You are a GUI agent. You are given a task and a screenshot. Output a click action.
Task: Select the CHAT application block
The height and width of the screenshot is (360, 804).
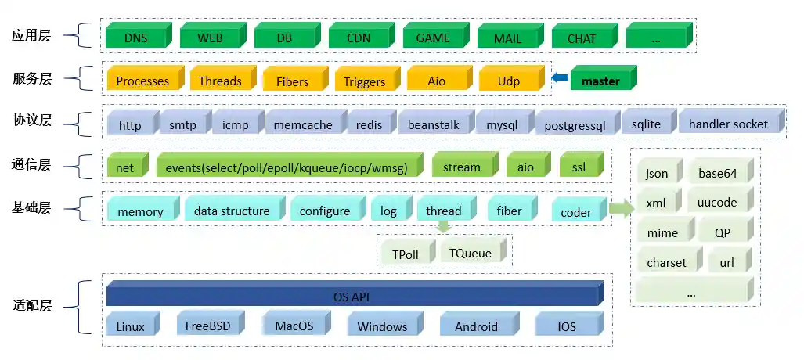[582, 38]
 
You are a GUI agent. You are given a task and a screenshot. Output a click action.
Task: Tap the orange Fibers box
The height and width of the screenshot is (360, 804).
[292, 81]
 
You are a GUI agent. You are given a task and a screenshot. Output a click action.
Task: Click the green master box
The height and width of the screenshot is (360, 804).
[600, 81]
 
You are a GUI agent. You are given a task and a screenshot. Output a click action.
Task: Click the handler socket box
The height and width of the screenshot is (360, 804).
[728, 124]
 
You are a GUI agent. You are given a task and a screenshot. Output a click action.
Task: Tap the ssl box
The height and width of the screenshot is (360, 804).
[579, 167]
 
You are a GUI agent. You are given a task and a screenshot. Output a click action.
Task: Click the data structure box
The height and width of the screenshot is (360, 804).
[232, 211]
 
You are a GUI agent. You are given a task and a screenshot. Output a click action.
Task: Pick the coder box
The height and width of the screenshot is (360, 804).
[576, 212]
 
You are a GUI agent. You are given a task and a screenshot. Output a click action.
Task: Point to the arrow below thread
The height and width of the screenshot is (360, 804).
[444, 227]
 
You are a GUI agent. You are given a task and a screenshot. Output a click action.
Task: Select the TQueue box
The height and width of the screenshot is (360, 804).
[471, 253]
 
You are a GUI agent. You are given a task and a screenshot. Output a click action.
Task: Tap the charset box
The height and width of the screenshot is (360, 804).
[666, 263]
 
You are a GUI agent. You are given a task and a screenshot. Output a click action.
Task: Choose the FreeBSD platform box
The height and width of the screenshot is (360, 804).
[208, 326]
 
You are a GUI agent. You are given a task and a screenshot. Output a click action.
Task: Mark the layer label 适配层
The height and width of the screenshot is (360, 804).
[32, 305]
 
